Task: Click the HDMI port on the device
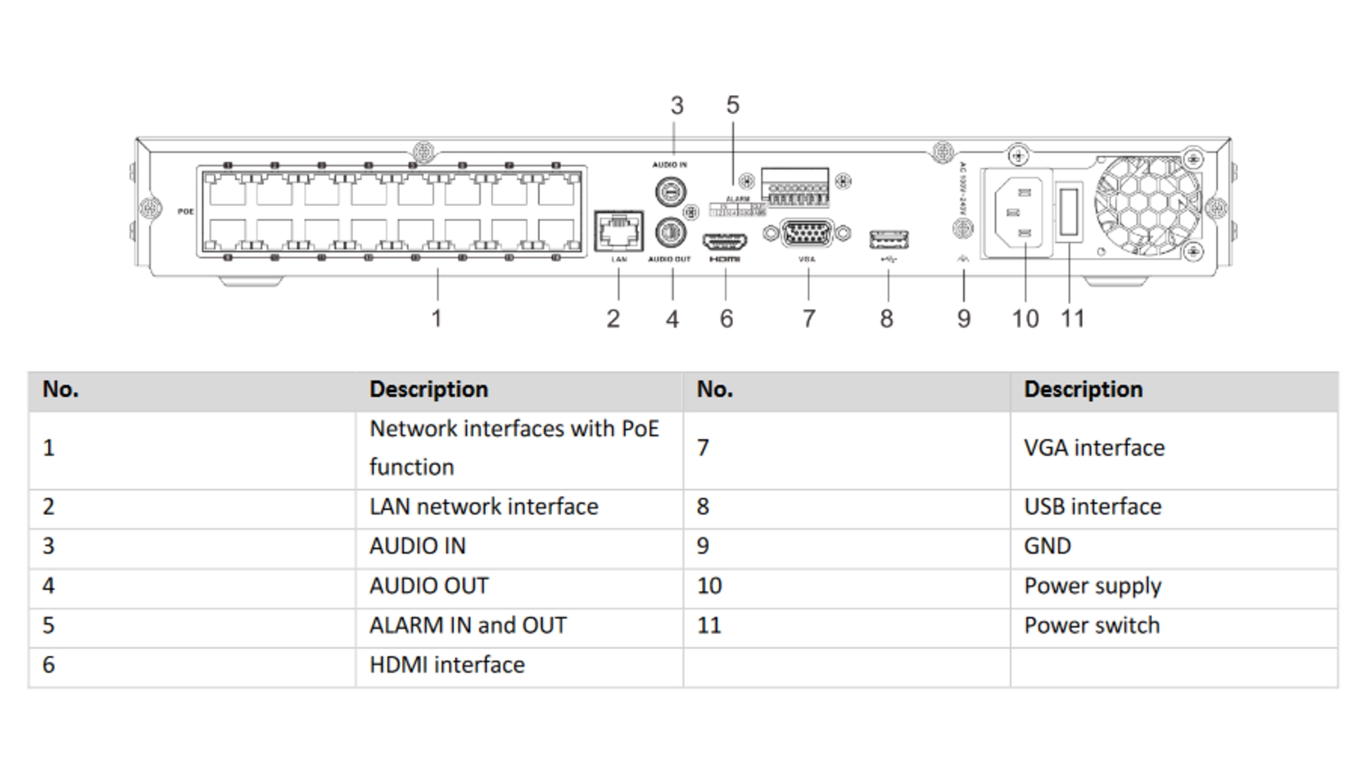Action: pyautogui.click(x=725, y=242)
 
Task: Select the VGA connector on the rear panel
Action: pyautogui.click(x=808, y=234)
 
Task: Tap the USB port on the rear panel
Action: pyautogui.click(x=889, y=240)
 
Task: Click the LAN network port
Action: pyautogui.click(x=618, y=231)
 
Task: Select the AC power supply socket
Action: pyautogui.click(x=1017, y=212)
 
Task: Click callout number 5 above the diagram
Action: pyautogui.click(x=732, y=106)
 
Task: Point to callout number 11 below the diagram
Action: pyautogui.click(x=1072, y=319)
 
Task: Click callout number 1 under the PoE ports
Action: pyautogui.click(x=437, y=319)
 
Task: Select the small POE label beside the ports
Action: pyautogui.click(x=185, y=212)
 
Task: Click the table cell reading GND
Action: pyautogui.click(x=1047, y=547)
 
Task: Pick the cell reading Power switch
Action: pyautogui.click(x=1091, y=626)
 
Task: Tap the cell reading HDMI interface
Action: pyautogui.click(x=446, y=665)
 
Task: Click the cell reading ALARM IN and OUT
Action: pyautogui.click(x=468, y=626)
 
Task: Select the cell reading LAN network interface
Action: pyautogui.click(x=484, y=507)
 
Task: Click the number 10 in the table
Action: pyautogui.click(x=709, y=586)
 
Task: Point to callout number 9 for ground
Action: pyautogui.click(x=963, y=319)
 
